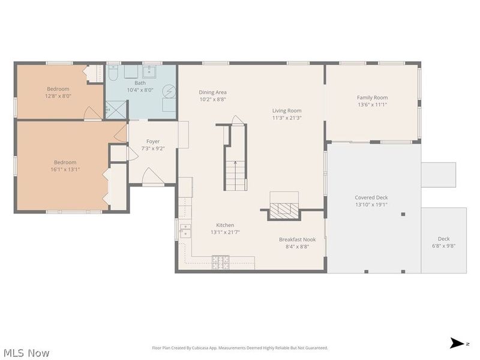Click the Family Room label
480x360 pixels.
[372, 98]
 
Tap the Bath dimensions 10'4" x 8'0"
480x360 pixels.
[140, 90]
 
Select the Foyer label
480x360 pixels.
[153, 142]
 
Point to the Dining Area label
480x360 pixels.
[213, 92]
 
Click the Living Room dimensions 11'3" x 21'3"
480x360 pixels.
[287, 118]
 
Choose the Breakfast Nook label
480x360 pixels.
[297, 239]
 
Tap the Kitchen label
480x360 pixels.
[225, 225]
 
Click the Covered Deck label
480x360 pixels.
[371, 197]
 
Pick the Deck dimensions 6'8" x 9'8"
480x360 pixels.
[443, 246]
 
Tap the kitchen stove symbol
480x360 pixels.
[220, 262]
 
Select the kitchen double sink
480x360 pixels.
[185, 231]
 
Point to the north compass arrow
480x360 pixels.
[457, 343]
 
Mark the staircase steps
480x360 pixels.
[236, 175]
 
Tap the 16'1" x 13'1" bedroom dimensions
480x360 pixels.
[65, 169]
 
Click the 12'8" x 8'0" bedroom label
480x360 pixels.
[58, 89]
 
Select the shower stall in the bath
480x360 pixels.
[116, 110]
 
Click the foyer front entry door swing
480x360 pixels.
[153, 176]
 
